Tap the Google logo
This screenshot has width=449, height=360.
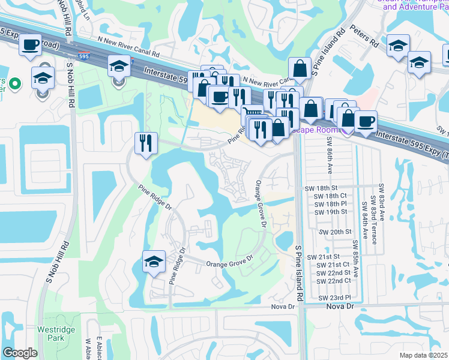[20, 353]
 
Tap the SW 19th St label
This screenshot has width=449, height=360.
[331, 212]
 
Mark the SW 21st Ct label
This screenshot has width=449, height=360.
[333, 265]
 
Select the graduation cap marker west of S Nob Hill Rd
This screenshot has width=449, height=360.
[43, 77]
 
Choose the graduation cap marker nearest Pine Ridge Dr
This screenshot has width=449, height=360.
[154, 262]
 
